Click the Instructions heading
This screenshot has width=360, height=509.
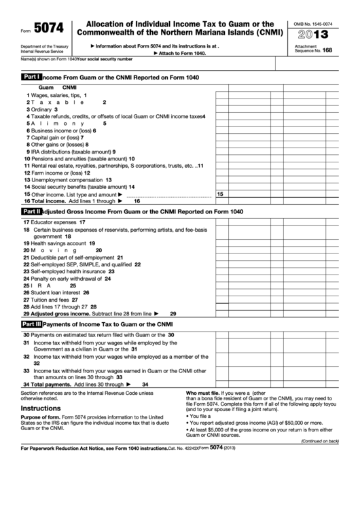pos(41,408)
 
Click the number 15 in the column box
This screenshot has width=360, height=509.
pos(219,194)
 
